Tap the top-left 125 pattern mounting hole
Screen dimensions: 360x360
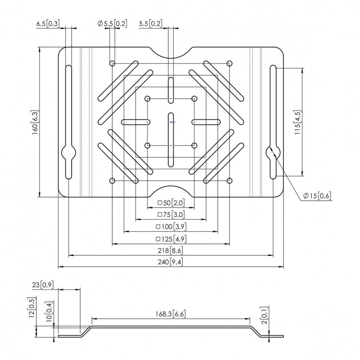tap(112, 64)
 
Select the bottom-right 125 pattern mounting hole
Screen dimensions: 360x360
tap(230, 181)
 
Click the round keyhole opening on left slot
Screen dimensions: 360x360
tap(69, 152)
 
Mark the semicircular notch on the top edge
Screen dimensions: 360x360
tap(171, 53)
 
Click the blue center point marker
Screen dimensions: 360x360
tap(171, 122)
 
